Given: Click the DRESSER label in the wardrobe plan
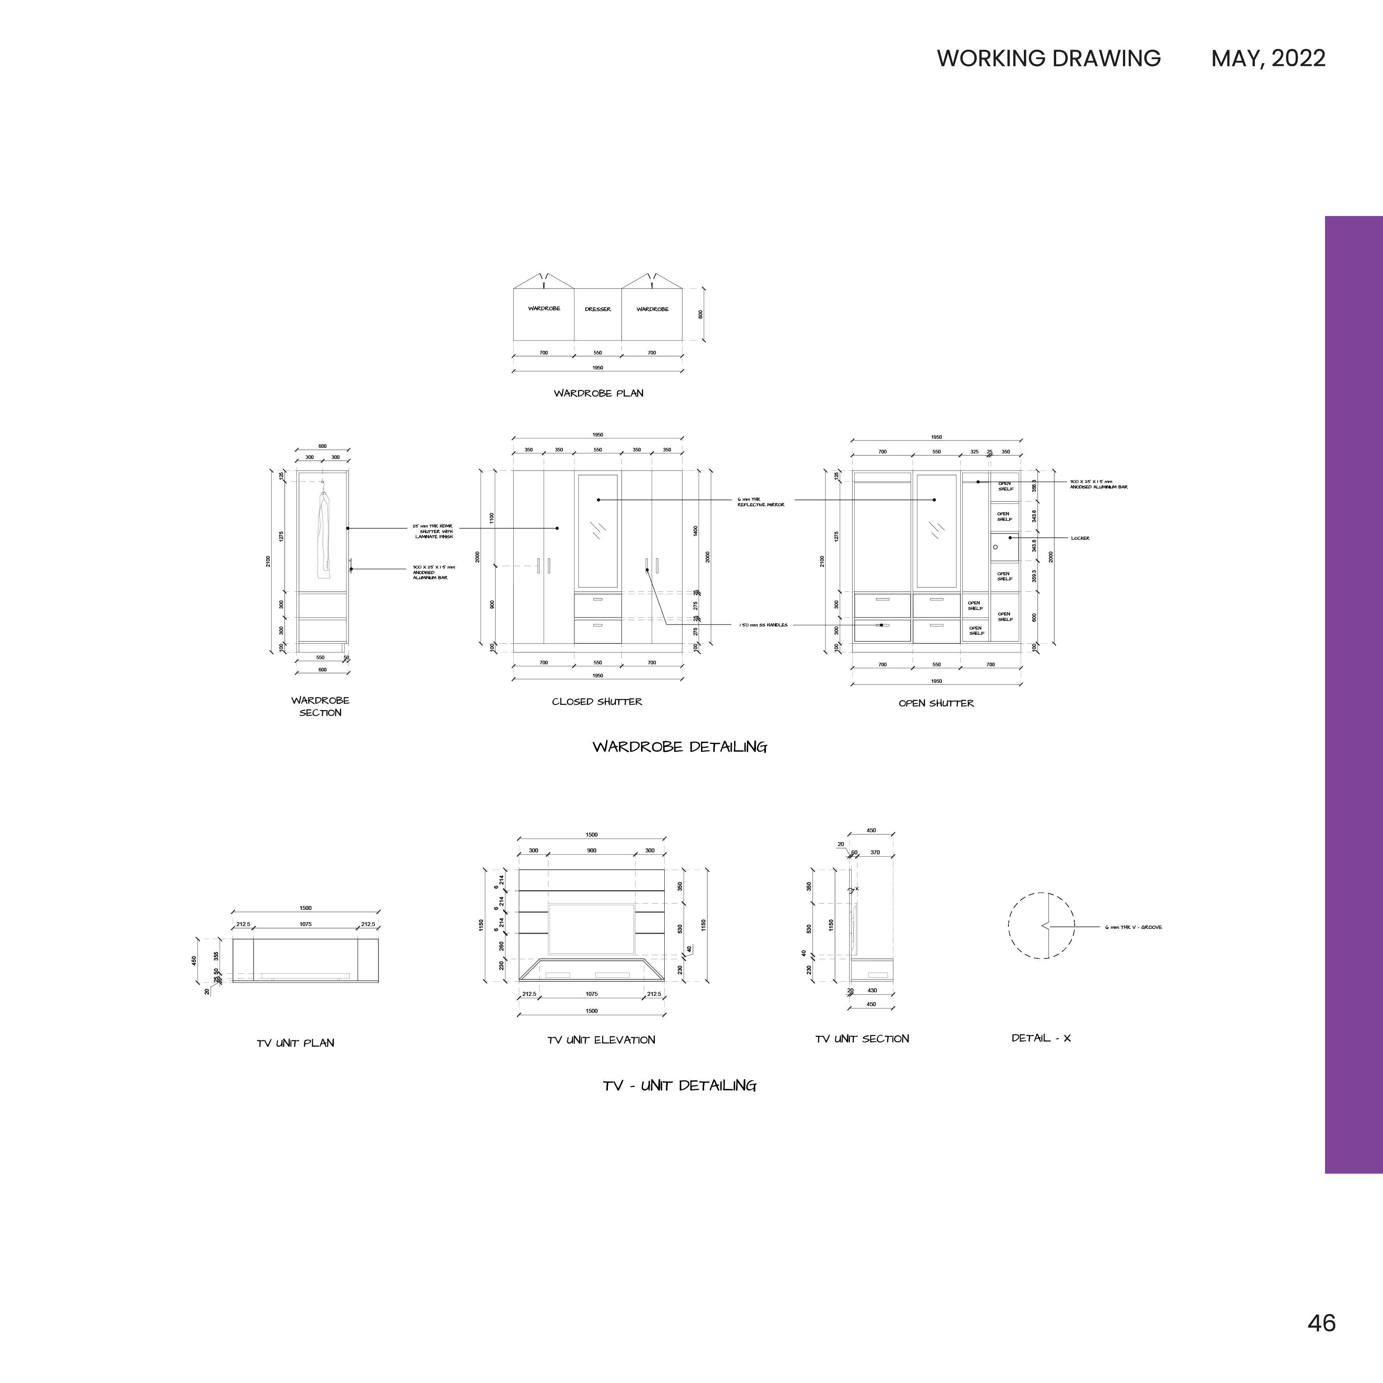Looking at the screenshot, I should coord(598,309).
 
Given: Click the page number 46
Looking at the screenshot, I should coord(1321,1323).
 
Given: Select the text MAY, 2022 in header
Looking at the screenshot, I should coord(1268,58).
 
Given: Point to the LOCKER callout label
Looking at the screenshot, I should coord(1080,538).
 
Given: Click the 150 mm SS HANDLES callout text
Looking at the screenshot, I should coord(763,625).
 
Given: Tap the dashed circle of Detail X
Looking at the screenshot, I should coord(1042,926).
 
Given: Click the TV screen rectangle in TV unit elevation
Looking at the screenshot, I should coord(591,928).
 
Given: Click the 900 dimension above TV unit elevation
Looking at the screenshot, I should coord(591,850).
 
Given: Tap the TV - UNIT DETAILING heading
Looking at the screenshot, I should coord(679,1086).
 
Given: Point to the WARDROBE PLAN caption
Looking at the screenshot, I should coord(598,393).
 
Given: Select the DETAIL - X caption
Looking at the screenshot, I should coord(1041,1038).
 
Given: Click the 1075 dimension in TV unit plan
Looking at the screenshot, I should coord(306,924).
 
